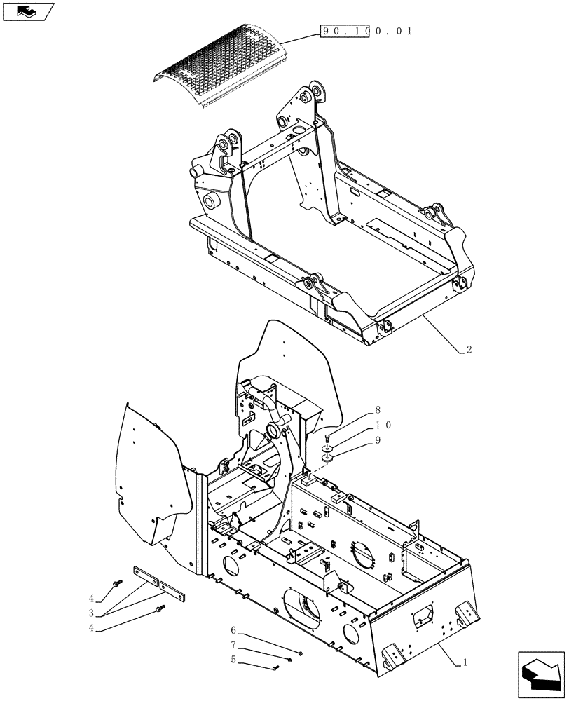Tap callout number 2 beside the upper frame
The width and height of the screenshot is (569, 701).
tap(469, 349)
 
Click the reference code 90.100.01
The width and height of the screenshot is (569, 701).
tap(366, 31)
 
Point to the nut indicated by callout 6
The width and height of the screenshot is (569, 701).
tap(300, 653)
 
